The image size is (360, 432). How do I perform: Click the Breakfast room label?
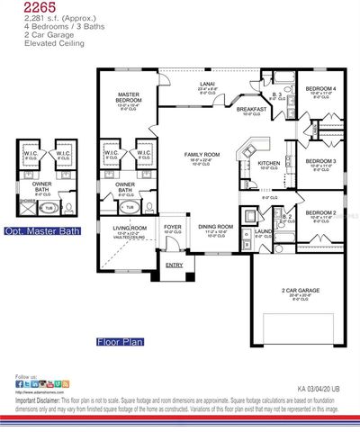click(x=251, y=110)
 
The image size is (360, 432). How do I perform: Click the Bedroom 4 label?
click(x=320, y=88)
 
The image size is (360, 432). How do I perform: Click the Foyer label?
click(x=172, y=227)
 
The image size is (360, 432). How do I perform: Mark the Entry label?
click(x=174, y=265)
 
